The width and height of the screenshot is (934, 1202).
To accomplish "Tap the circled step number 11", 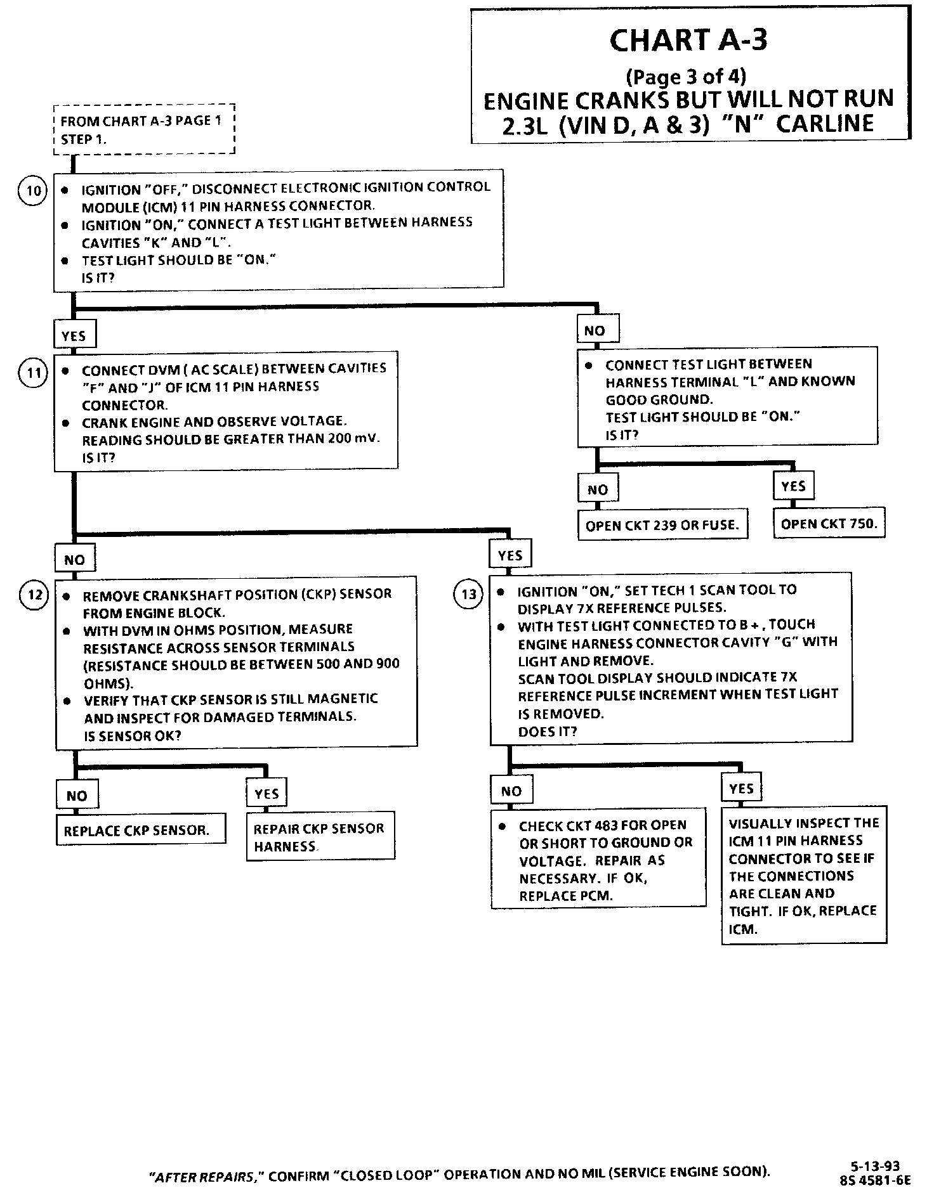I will click(x=33, y=372).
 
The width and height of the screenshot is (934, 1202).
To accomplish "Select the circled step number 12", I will click(x=34, y=595).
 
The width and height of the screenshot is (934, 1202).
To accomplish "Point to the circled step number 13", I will click(x=468, y=595).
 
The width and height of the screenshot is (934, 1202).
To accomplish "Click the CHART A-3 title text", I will click(x=688, y=41).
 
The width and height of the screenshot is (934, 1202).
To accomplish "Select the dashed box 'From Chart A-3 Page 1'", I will click(x=145, y=129).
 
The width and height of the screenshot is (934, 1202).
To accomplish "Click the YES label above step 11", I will click(x=74, y=336).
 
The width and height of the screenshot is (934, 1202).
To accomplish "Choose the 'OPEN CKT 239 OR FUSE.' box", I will click(x=662, y=525).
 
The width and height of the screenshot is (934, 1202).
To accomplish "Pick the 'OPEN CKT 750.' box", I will click(x=829, y=524).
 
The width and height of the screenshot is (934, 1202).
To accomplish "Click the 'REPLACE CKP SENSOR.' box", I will click(x=140, y=830).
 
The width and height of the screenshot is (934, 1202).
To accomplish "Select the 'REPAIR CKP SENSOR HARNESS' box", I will click(x=320, y=837).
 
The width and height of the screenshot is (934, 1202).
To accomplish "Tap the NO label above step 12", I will click(x=75, y=560).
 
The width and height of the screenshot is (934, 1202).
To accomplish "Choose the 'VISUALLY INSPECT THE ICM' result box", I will click(x=803, y=876).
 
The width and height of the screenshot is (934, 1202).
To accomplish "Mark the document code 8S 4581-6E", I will click(x=875, y=1180).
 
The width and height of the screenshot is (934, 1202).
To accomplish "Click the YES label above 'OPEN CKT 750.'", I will click(x=793, y=486).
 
